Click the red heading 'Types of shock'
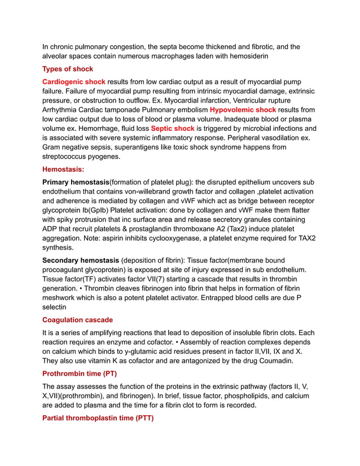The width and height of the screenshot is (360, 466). pyautogui.click(x=68, y=69)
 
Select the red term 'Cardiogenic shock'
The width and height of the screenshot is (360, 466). pyautogui.click(x=74, y=81)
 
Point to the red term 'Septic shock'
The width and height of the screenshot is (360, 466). pyautogui.click(x=173, y=129)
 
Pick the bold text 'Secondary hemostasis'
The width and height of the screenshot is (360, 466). pyautogui.click(x=81, y=260)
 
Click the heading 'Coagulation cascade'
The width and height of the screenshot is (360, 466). pyautogui.click(x=77, y=320)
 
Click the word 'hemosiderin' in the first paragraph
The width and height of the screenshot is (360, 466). pyautogui.click(x=244, y=56)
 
